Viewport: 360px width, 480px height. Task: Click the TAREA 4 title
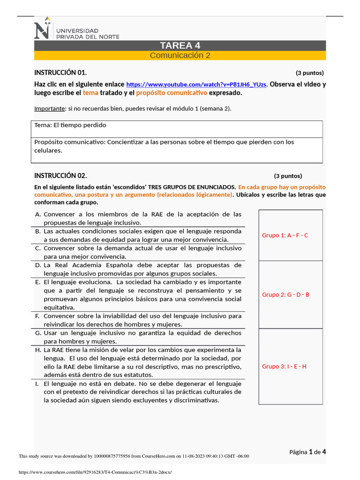click(x=180, y=45)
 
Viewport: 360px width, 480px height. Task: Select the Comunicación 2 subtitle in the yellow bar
click(x=180, y=55)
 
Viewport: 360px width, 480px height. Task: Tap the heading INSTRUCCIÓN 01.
click(x=60, y=73)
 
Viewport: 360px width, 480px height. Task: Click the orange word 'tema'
click(x=90, y=93)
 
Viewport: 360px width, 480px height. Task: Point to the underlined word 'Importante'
click(x=49, y=108)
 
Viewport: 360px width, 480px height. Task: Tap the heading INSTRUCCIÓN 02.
click(x=60, y=176)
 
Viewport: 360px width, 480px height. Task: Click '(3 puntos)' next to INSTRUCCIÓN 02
click(x=288, y=176)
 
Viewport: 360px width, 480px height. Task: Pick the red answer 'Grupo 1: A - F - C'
click(x=285, y=235)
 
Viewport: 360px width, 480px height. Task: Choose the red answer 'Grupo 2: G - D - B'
click(x=285, y=294)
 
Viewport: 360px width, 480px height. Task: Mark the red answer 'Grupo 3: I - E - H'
click(x=284, y=366)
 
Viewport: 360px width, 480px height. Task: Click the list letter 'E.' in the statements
click(x=37, y=282)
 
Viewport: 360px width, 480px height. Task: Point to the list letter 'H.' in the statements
click(x=37, y=350)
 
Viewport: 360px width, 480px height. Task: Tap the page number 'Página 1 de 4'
click(x=307, y=452)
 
